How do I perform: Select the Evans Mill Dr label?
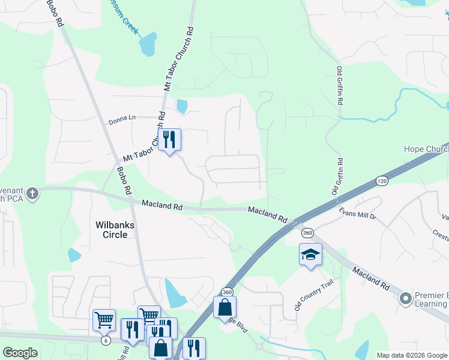357,214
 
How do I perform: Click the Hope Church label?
426,149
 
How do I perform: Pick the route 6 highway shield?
106,340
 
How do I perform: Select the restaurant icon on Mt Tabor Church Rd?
169,140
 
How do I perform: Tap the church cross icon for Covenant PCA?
32,193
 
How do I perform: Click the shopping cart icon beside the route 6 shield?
104,320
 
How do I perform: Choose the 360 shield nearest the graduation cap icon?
308,233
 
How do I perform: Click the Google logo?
20,353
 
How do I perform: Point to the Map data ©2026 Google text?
411,355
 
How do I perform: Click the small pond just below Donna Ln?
181,107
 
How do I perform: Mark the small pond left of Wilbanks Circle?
74,255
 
